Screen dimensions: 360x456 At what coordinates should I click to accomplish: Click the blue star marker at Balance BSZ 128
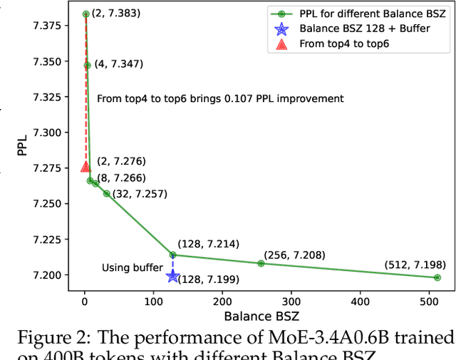pyautogui.click(x=172, y=276)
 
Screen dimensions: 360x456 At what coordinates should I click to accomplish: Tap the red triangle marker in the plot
pyautogui.click(x=85, y=166)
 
